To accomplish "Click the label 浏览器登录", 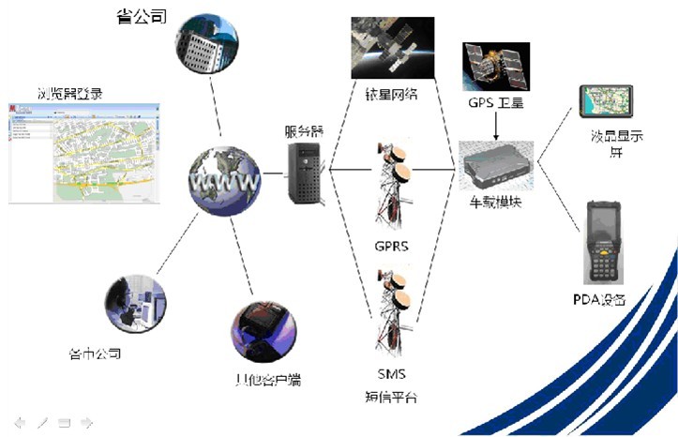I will click(70, 93).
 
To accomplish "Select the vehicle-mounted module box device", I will click(496, 162).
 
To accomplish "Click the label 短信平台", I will click(391, 397).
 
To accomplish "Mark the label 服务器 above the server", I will click(304, 131).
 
